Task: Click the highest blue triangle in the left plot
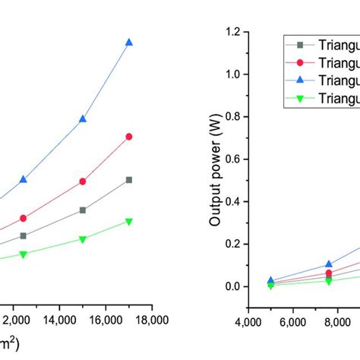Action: click(x=129, y=43)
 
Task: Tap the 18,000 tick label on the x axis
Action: click(x=151, y=320)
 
